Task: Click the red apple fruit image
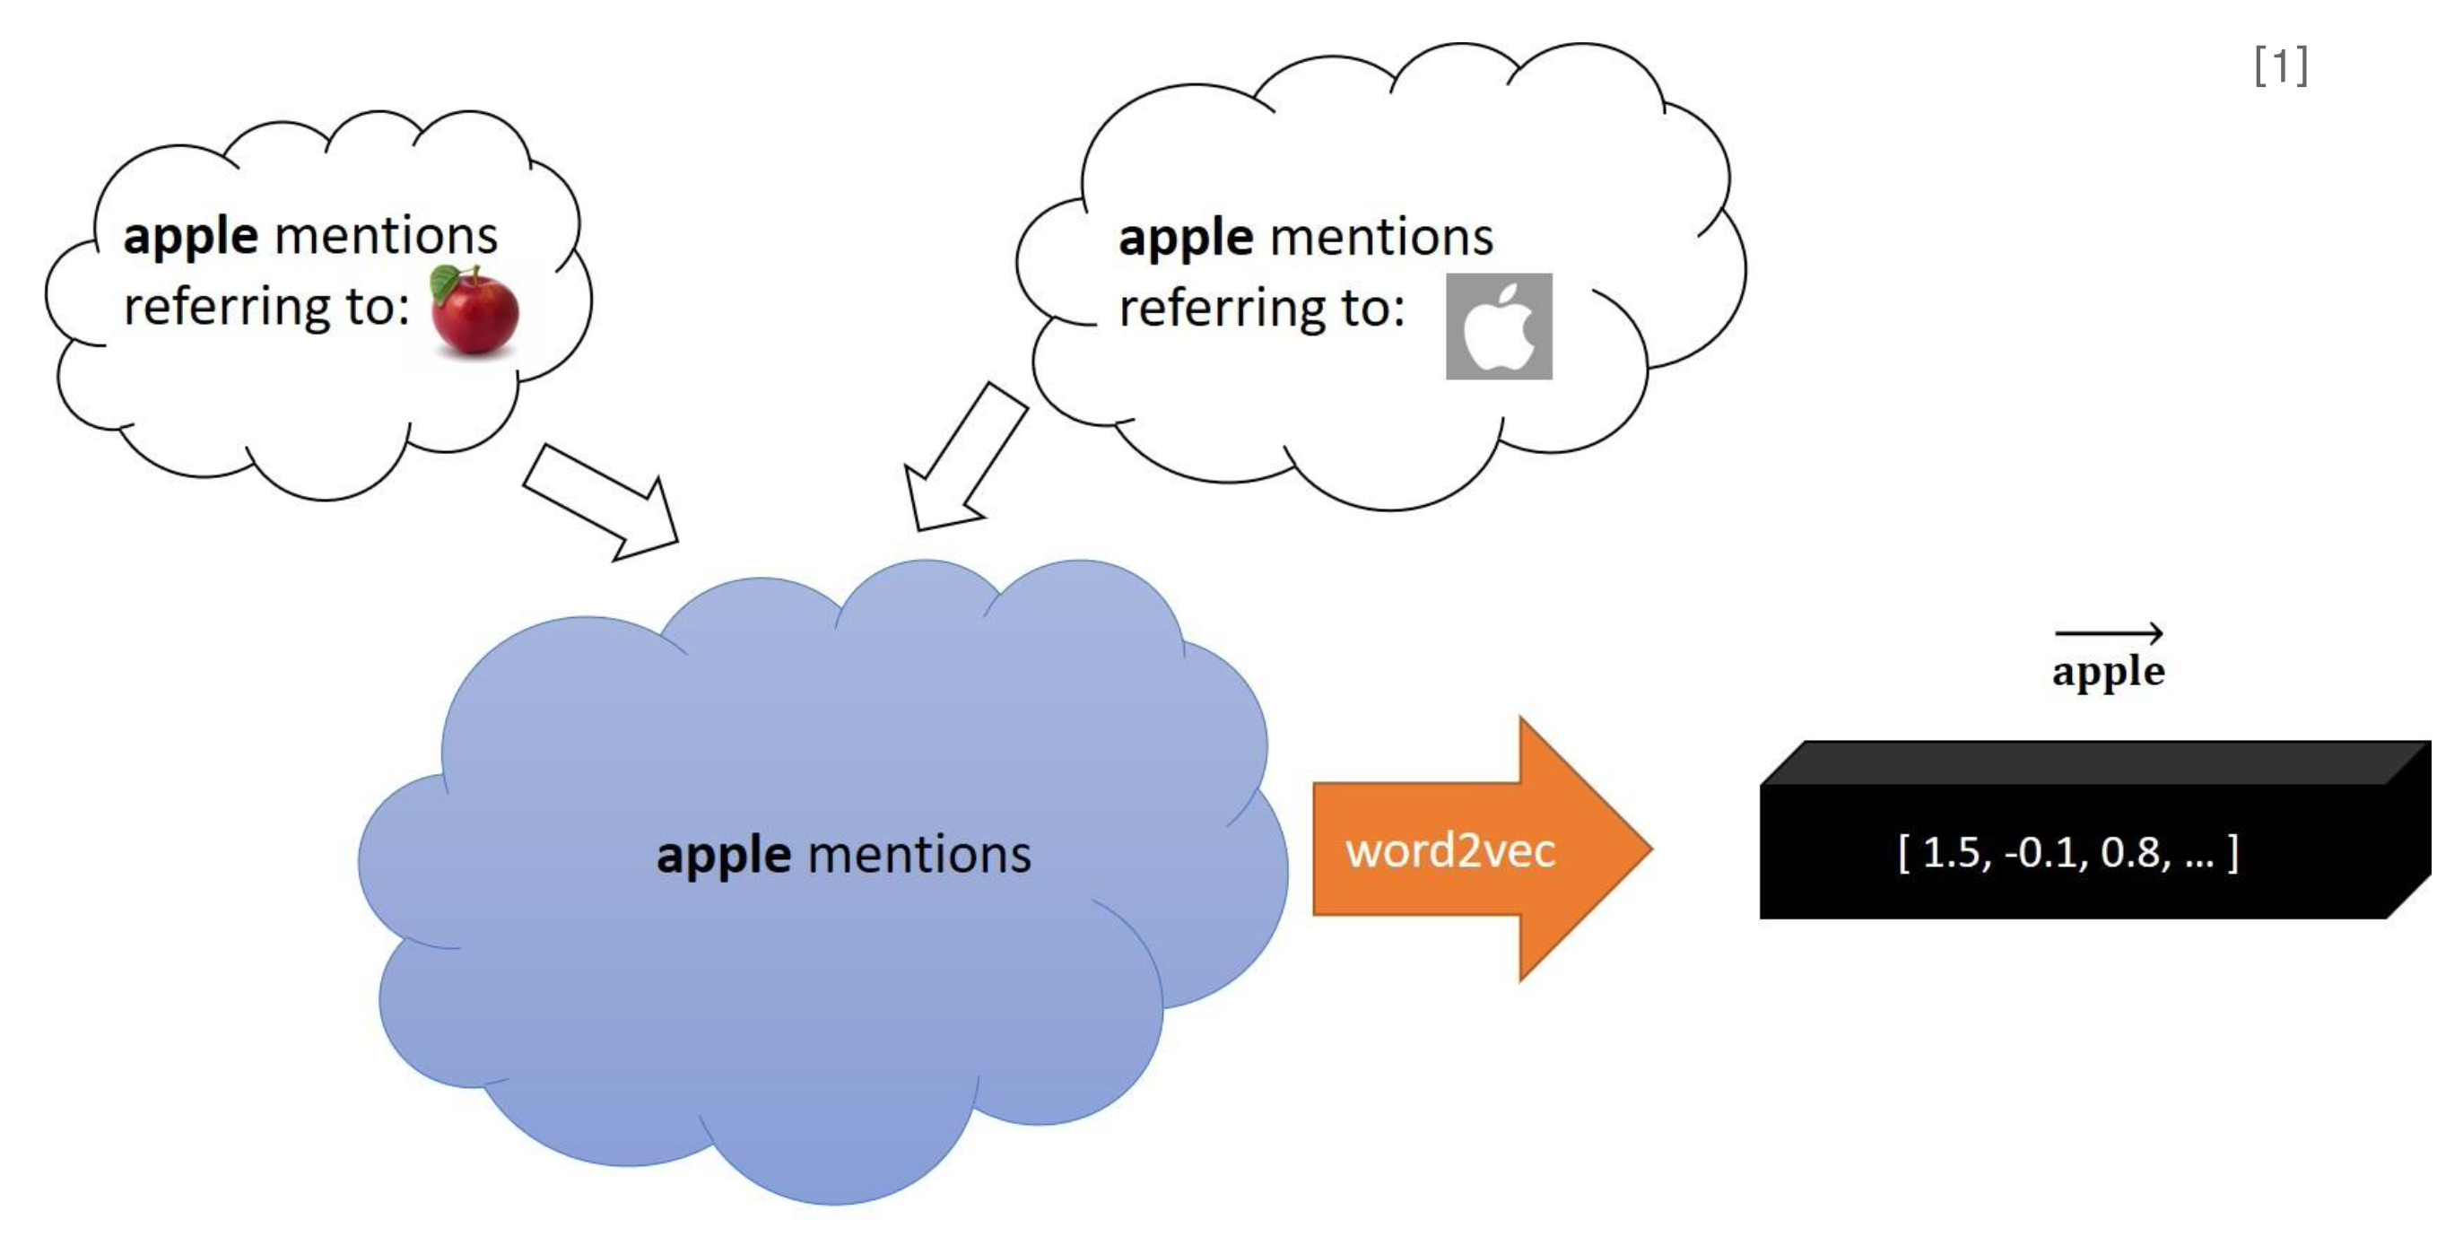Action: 474,310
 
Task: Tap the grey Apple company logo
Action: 1498,326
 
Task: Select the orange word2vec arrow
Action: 1482,849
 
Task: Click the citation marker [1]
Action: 2280,66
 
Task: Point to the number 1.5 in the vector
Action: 1951,852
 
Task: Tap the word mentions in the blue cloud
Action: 918,854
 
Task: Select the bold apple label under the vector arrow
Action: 2109,672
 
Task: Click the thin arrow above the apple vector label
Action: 2109,632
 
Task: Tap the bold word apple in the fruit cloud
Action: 190,237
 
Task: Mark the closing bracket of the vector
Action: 2232,853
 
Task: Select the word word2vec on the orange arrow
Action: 1450,850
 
